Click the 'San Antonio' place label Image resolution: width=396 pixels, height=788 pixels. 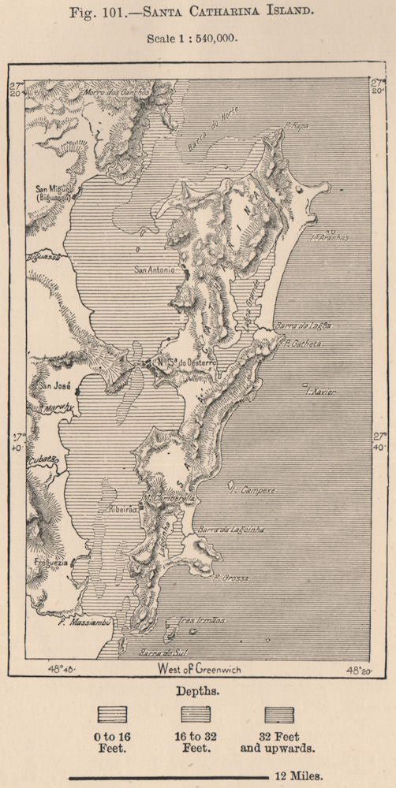coord(154,269)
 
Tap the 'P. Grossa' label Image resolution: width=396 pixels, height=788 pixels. coord(231,578)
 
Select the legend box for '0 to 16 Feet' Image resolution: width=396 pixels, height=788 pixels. coord(112,714)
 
